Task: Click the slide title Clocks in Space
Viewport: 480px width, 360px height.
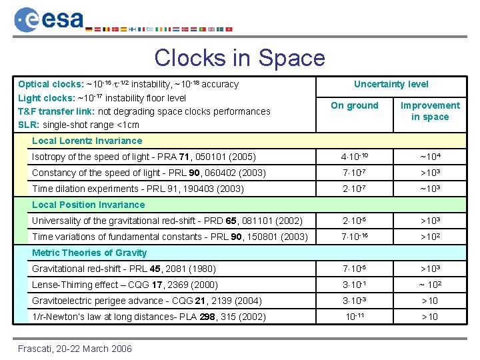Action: click(239, 57)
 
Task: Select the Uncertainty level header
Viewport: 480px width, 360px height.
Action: click(391, 84)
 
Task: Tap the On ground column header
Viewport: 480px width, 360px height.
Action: click(354, 105)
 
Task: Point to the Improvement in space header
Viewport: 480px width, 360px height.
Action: click(430, 111)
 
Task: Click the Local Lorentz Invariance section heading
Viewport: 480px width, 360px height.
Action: click(87, 141)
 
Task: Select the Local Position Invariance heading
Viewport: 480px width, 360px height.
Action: click(88, 205)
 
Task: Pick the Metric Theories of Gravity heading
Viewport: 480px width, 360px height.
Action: click(89, 253)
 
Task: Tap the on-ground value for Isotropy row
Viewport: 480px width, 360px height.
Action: click(354, 157)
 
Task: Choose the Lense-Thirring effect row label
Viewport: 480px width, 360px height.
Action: click(125, 285)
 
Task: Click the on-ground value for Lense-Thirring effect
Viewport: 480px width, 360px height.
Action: click(354, 285)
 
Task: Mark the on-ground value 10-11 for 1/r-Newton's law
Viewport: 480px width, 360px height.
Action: click(354, 317)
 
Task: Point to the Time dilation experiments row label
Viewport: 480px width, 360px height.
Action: click(139, 189)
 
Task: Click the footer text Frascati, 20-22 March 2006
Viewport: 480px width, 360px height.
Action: click(75, 349)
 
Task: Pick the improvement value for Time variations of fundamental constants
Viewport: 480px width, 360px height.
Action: click(430, 237)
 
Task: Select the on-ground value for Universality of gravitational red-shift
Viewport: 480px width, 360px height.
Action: click(354, 221)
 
